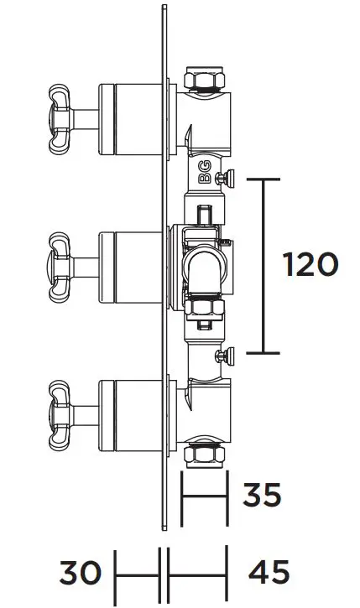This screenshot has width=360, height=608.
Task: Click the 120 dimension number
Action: coord(310,265)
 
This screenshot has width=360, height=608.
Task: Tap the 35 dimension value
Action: coord(262,494)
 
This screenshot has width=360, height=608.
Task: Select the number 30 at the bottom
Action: coord(80,574)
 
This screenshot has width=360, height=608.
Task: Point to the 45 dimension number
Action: coord(269,574)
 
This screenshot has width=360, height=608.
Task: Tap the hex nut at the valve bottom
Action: coord(201,454)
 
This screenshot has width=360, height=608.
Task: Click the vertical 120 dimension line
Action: coord(266,265)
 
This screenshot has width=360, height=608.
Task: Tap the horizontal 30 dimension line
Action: coord(137,574)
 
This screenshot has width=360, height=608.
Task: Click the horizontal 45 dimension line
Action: coord(198,574)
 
